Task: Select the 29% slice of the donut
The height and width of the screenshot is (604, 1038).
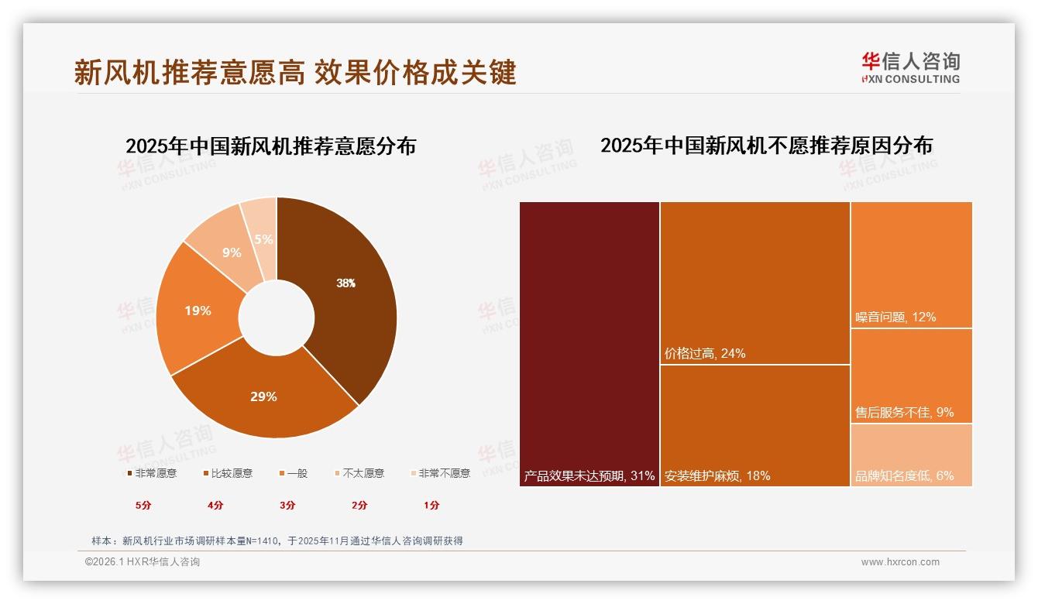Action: pyautogui.click(x=263, y=396)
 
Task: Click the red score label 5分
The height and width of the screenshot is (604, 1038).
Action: pyautogui.click(x=144, y=505)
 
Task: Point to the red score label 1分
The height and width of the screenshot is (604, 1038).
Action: pyautogui.click(x=431, y=505)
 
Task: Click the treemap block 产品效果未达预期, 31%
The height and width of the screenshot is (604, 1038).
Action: pyautogui.click(x=589, y=344)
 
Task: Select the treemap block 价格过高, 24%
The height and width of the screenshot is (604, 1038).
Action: pyautogui.click(x=755, y=283)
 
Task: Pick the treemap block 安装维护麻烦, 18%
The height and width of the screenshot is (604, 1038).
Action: pyautogui.click(x=755, y=425)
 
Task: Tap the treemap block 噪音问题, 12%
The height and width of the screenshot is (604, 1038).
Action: pyautogui.click(x=912, y=265)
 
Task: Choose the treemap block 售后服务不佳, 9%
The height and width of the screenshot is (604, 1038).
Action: pyautogui.click(x=912, y=376)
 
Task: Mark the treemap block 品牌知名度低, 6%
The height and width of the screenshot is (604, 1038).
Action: pyautogui.click(x=912, y=455)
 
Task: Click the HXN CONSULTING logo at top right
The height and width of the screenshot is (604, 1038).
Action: pyautogui.click(x=910, y=68)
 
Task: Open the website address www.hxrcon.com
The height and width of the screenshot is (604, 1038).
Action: pyautogui.click(x=900, y=562)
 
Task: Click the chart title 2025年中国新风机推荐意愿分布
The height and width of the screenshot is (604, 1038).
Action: pyautogui.click(x=270, y=146)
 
